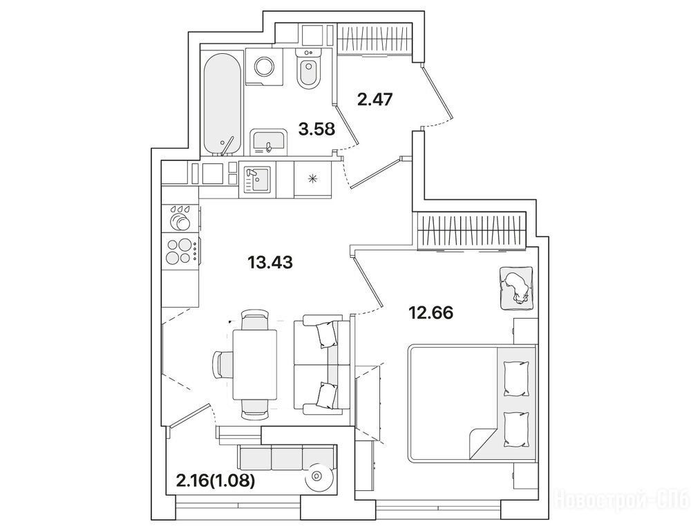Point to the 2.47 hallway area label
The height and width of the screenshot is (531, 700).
tap(375, 99)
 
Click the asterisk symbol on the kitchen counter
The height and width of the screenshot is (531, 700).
tap(312, 178)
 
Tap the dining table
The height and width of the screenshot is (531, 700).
tap(254, 364)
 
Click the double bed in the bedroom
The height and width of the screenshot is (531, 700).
tap(472, 403)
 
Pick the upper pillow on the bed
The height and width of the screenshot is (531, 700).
tap(516, 378)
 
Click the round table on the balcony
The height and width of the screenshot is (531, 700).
tap(319, 476)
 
